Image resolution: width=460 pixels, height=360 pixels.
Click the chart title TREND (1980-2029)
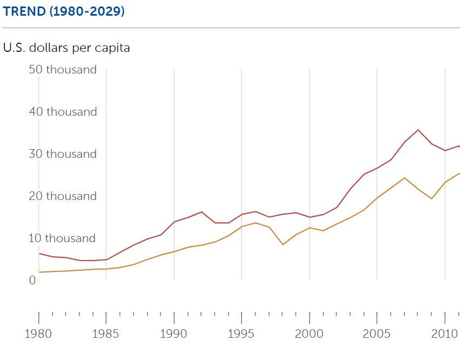[64, 11]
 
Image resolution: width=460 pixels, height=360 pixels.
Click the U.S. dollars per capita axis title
[66, 48]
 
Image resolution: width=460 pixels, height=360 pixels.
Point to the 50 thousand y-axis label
[63, 70]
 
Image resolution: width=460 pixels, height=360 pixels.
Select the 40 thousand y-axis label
[63, 112]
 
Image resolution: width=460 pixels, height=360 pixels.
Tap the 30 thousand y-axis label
[63, 154]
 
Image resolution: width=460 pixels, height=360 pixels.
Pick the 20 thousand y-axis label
[63, 196]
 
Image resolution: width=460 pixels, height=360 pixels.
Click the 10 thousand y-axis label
[63, 238]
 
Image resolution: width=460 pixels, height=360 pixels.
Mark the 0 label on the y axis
[32, 281]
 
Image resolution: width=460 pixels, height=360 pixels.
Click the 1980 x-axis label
[38, 333]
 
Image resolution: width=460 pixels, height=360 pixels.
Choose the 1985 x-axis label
[106, 333]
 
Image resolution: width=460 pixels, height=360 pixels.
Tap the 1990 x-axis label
[174, 333]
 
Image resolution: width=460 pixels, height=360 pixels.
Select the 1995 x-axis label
[242, 333]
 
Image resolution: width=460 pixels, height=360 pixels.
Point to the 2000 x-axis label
[309, 333]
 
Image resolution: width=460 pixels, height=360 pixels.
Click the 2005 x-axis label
[377, 333]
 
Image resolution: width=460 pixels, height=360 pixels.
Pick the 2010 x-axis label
[445, 333]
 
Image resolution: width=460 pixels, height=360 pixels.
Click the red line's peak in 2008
[418, 130]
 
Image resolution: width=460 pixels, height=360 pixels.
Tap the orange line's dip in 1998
[283, 244]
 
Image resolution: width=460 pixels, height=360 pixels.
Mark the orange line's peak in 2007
[404, 178]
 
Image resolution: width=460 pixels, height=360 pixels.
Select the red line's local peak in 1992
[201, 212]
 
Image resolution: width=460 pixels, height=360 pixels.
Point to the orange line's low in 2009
[431, 199]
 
